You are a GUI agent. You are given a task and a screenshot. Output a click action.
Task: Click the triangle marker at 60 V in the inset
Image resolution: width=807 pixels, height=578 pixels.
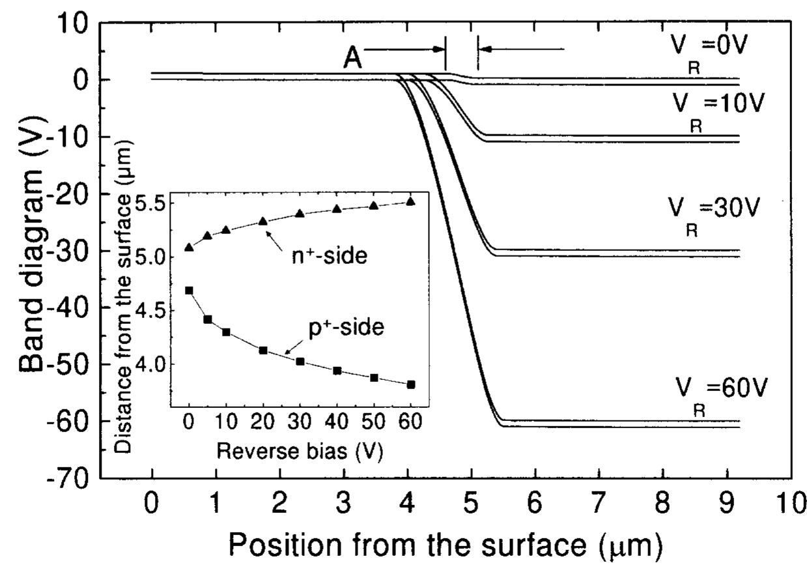410,201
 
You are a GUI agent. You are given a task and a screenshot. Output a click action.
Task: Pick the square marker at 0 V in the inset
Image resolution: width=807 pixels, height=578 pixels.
190,291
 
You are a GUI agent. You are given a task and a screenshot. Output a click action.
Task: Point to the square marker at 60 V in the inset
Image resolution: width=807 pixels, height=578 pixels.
410,384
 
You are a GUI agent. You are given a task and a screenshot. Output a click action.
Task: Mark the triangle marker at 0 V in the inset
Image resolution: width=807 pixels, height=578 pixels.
190,247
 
